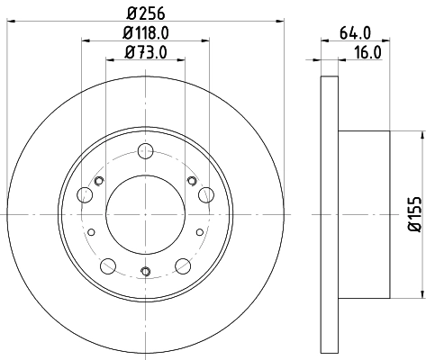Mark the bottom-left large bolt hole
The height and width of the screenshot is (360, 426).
[x=109, y=265]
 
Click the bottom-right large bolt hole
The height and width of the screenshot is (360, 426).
[x=183, y=265]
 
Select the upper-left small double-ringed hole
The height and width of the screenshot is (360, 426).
[x=99, y=181]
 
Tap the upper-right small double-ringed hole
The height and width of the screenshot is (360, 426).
[x=193, y=181]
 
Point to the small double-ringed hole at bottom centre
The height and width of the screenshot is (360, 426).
[x=146, y=269]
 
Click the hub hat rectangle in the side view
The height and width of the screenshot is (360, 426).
[x=364, y=214]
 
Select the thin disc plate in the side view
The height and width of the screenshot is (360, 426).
[x=331, y=214]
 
